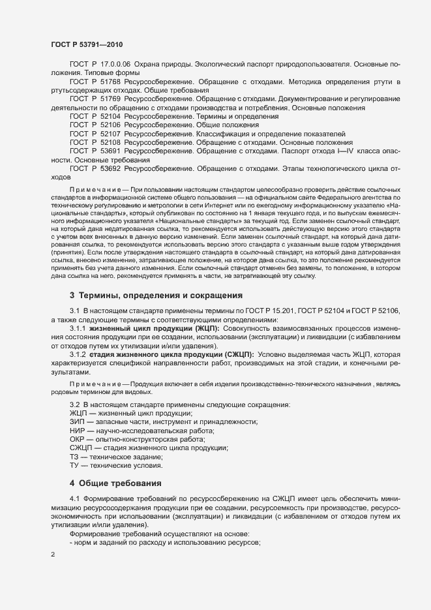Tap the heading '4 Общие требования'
[115, 483]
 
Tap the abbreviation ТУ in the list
[74, 466]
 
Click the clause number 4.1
[74, 498]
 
